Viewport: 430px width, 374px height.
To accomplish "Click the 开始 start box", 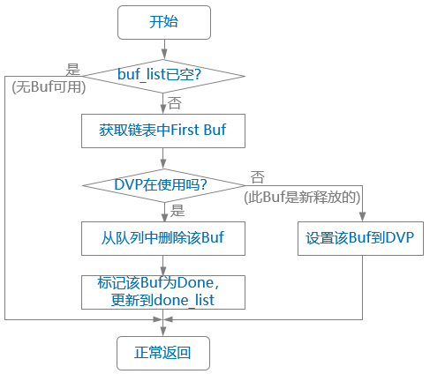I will coord(162,21).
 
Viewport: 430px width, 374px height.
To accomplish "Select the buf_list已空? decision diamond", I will coord(162,75).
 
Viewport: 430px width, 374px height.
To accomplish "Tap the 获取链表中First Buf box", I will coord(162,130).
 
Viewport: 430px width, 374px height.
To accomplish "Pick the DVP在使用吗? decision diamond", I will coord(162,184).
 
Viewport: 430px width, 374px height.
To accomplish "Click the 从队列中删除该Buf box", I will coord(162,237).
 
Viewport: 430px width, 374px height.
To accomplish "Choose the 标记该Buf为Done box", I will coord(162,291).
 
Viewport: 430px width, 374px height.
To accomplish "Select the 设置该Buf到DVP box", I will coord(361,237).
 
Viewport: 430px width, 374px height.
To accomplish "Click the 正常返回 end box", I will coord(162,353).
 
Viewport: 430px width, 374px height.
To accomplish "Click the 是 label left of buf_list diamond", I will coord(74,67).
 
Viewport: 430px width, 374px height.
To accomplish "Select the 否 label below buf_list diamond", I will coord(174,102).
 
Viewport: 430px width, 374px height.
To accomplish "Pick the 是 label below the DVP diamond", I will coord(177,211).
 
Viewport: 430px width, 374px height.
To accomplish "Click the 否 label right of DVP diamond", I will coord(258,177).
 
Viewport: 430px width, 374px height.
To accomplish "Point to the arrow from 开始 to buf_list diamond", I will coord(162,49).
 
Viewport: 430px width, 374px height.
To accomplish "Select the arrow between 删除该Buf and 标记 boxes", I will coord(162,264).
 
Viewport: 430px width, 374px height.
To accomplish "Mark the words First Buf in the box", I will coord(202,130).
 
